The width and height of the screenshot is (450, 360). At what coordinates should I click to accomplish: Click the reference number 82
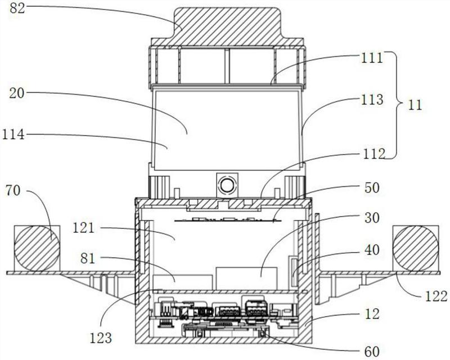click(x=17, y=8)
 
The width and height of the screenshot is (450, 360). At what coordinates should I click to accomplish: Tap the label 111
click(x=372, y=58)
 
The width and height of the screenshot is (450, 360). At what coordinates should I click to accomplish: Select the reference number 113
click(x=372, y=100)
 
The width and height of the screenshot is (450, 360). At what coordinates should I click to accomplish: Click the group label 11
click(x=415, y=105)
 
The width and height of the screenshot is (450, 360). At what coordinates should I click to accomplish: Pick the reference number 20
click(x=17, y=93)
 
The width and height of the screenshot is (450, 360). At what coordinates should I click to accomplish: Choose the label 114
click(x=13, y=134)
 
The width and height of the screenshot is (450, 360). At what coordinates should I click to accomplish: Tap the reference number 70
click(x=13, y=190)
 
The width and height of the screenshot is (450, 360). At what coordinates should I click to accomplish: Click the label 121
click(x=83, y=228)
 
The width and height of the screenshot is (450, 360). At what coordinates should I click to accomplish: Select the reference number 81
click(x=88, y=259)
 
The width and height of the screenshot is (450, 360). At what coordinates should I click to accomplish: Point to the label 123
click(x=101, y=338)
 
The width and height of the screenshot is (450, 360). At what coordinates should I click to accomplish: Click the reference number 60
click(x=371, y=352)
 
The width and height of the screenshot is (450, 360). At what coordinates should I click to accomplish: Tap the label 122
click(x=435, y=296)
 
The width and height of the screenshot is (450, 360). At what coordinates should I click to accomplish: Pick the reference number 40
click(x=371, y=250)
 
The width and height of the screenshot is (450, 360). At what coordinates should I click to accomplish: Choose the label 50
click(x=371, y=188)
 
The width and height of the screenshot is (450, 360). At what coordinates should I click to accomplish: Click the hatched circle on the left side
click(x=37, y=248)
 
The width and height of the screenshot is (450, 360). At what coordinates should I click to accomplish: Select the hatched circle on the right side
click(x=416, y=248)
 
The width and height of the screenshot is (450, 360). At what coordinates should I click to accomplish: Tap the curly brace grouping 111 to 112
click(x=395, y=105)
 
